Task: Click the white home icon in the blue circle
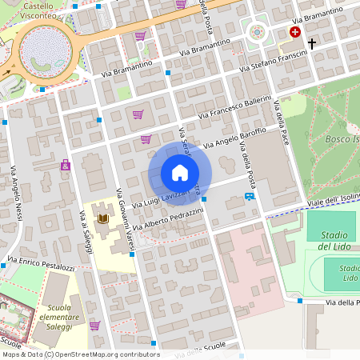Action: [x=180, y=172]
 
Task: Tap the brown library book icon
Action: [x=102, y=218]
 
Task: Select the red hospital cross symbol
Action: [x=295, y=32]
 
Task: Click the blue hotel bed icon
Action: [x=250, y=196]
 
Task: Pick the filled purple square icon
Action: [x=66, y=166]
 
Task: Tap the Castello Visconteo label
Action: [x=44, y=10]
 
